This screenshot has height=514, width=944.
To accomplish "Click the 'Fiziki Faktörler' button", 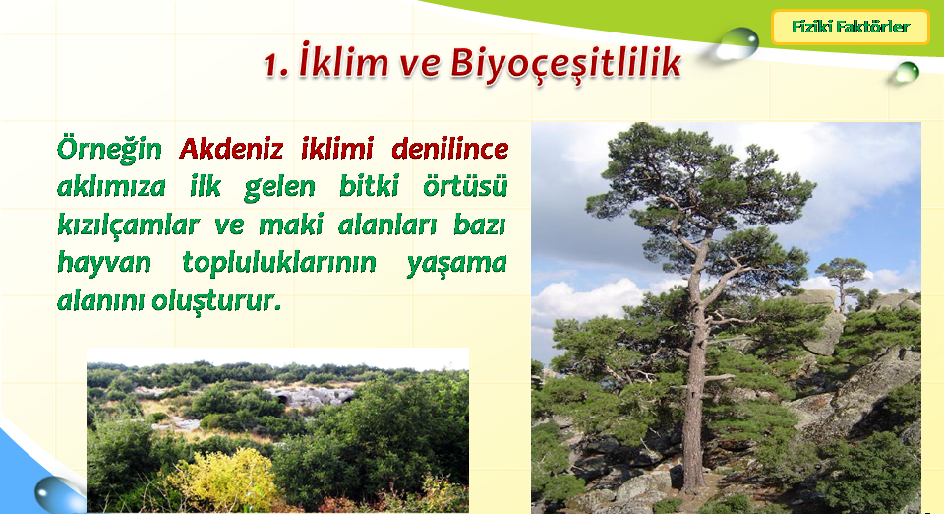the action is click(x=850, y=28).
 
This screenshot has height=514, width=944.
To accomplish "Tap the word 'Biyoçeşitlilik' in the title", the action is click(x=565, y=63).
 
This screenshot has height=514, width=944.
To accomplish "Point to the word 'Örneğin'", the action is click(x=109, y=149).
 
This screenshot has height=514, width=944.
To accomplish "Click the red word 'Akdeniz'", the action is click(x=231, y=149).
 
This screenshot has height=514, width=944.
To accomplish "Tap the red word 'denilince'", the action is click(x=449, y=149).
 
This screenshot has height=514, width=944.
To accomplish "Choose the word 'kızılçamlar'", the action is click(x=128, y=225).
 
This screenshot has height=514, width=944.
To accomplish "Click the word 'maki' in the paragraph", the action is click(x=291, y=225).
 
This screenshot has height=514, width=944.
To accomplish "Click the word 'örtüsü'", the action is click(x=465, y=186).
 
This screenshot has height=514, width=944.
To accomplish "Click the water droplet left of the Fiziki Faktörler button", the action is click(x=738, y=44).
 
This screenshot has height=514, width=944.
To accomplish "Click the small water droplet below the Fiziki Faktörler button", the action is click(x=907, y=72).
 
